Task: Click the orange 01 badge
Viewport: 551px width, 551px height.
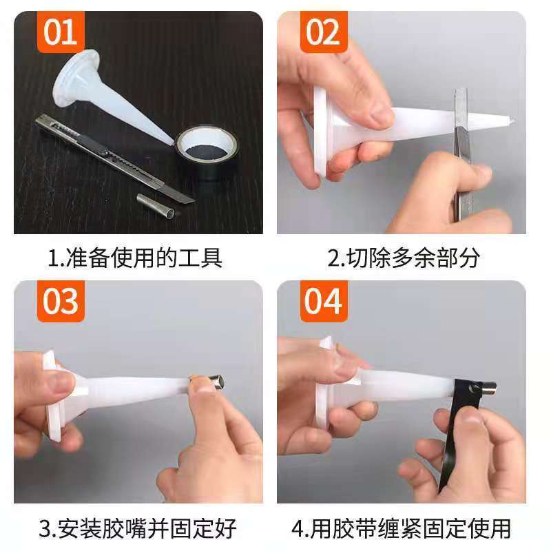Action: click(61, 32)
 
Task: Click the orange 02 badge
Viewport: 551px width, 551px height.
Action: click(322, 32)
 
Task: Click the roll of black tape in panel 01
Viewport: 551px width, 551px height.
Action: click(204, 149)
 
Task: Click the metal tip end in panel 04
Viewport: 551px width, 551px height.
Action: click(490, 388)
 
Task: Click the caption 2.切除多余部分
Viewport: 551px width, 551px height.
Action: click(403, 258)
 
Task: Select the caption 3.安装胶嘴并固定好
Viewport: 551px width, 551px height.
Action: click(137, 528)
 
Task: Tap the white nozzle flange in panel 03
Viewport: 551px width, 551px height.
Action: click(52, 396)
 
